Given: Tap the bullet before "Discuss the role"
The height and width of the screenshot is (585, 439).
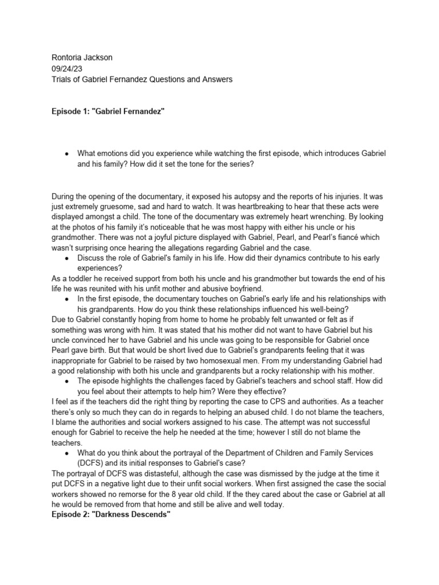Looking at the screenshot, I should click(x=67, y=258).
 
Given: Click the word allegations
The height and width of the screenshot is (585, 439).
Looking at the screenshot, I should click(x=207, y=247).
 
